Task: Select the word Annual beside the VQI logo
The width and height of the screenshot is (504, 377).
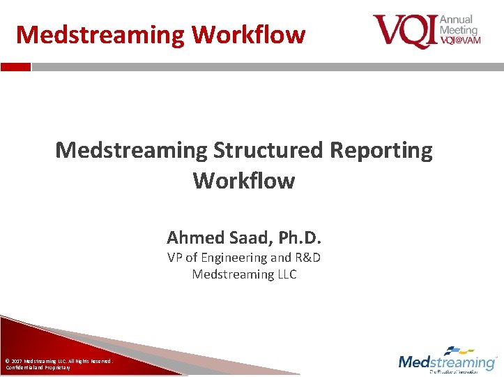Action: (457, 20)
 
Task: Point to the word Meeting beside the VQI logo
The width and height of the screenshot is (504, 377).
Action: (459, 30)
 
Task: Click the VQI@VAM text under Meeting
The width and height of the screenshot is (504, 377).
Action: (460, 40)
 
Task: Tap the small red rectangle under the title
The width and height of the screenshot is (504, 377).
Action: (15, 67)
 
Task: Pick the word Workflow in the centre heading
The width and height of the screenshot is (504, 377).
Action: (244, 181)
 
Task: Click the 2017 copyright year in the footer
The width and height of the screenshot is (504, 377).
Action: (16, 361)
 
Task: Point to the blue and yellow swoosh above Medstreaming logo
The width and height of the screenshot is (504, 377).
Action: (461, 350)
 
